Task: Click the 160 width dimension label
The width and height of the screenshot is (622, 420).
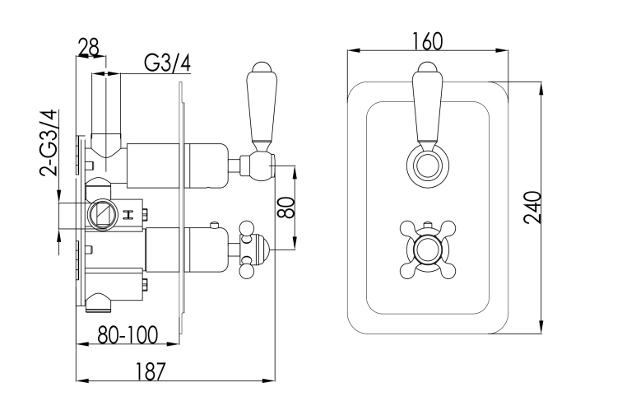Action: tap(427, 41)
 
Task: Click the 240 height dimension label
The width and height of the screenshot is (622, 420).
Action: tap(532, 208)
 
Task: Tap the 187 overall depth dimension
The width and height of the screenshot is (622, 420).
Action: tap(150, 372)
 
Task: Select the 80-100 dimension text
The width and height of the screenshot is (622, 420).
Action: tap(128, 334)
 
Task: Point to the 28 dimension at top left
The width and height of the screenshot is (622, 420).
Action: tap(88, 47)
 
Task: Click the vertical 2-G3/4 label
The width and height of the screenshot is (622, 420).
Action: tap(49, 142)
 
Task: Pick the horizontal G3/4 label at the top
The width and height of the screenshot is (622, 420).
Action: tap(167, 63)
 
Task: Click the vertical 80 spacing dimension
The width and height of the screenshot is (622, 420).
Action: tap(286, 208)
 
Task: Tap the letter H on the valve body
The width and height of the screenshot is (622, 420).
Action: tap(128, 215)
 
